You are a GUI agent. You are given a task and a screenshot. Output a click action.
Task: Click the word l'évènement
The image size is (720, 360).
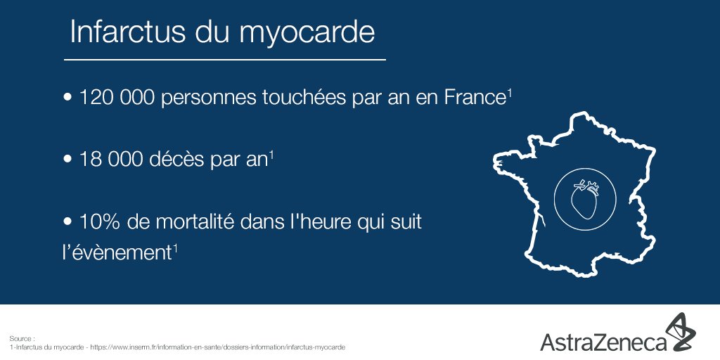click(x=117, y=253)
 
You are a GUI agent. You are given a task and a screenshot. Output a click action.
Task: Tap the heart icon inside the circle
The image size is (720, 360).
click(x=584, y=199)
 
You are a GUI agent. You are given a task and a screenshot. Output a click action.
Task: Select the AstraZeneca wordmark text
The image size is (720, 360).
click(x=603, y=342)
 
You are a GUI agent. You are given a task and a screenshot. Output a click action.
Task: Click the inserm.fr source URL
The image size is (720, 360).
click(x=217, y=347)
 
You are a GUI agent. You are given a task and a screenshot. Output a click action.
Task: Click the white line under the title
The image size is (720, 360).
click(x=224, y=60)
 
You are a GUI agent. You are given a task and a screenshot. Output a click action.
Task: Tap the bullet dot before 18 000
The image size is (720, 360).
click(x=68, y=160)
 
